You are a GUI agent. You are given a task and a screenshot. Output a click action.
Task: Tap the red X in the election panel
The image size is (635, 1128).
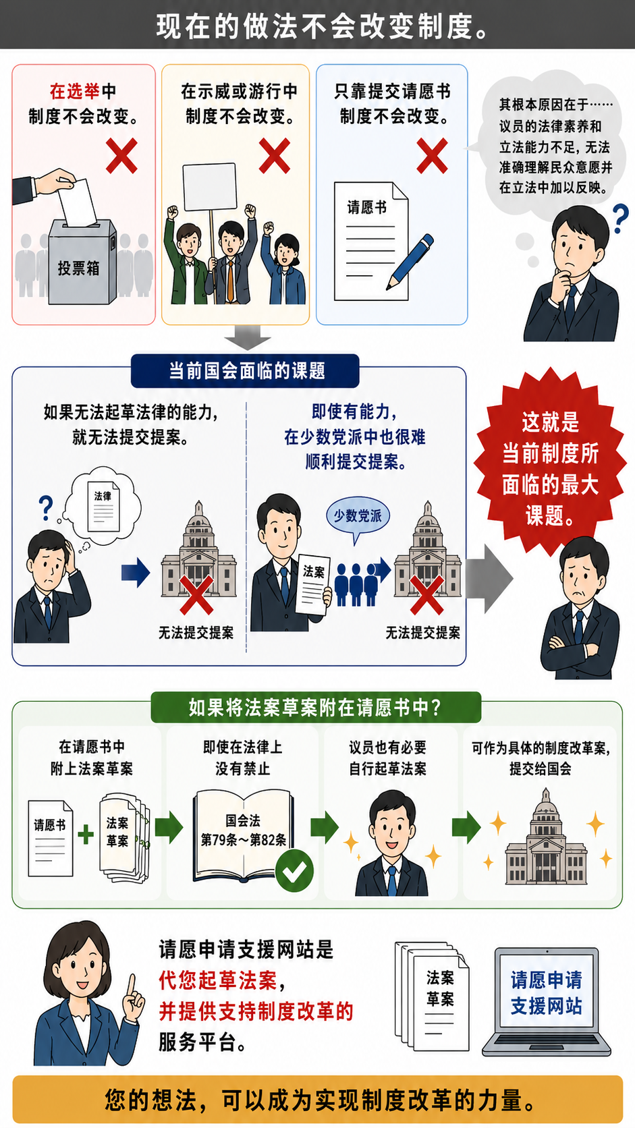coord(122,156)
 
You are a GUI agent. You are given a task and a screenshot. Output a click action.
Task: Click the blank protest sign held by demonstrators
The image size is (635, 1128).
coord(209,187)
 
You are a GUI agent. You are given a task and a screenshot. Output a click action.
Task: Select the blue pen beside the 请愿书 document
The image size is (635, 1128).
coord(410,262)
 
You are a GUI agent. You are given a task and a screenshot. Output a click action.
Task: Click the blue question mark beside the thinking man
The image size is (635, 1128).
coord(620,219)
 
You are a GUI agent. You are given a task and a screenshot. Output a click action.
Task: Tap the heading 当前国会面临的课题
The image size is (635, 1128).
coord(245,371)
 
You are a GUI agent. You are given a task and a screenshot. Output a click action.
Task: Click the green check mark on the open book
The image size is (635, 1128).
coord(295,871)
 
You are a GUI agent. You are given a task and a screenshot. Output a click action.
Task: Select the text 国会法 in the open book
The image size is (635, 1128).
coord(243,821)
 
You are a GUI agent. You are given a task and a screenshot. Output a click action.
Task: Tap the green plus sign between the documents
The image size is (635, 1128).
coord(86,834)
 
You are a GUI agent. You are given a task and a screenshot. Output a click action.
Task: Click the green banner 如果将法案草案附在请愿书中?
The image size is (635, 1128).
coord(316,708)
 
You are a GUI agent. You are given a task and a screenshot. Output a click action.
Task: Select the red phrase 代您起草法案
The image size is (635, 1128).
coord(218,980)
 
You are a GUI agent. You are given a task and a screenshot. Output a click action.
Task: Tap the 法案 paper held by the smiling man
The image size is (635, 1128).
coord(313,585)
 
